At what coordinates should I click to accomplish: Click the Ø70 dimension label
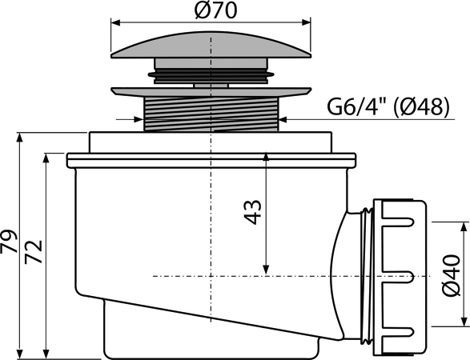point(215,10)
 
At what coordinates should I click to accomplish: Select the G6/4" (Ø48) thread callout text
point(388,106)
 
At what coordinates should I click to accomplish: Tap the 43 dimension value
point(253,212)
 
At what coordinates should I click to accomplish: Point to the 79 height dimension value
point(9,242)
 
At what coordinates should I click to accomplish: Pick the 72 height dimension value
point(34,252)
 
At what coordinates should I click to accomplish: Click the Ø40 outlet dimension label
point(451,275)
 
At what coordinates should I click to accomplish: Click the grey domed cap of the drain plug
point(211,45)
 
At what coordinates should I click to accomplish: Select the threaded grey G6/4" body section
point(211,114)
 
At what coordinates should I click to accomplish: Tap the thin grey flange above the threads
point(211,92)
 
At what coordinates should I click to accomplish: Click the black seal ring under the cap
point(211,75)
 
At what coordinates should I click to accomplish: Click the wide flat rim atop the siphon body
point(211,161)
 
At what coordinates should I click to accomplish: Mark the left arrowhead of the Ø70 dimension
point(116,22)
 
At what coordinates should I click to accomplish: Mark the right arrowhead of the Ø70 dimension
point(306,22)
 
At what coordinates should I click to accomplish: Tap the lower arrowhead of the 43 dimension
point(266,270)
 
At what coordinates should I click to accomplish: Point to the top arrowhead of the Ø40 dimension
point(464,227)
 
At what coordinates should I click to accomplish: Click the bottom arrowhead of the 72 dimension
point(46,354)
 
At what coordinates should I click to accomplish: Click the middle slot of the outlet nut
point(400,276)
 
